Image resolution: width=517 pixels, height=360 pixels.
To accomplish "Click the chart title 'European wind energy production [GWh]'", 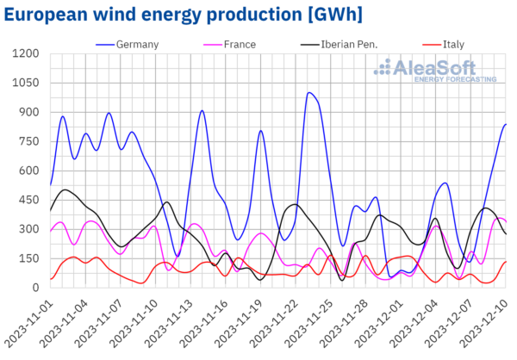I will (x=183, y=16).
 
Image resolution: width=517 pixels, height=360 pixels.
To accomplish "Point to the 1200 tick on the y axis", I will (x=26, y=54).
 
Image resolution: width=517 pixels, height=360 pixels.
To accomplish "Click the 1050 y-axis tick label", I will (x=26, y=84).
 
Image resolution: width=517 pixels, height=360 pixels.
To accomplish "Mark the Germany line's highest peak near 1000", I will (x=309, y=93).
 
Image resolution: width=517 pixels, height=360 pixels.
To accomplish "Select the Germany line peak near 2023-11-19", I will (x=261, y=131).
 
